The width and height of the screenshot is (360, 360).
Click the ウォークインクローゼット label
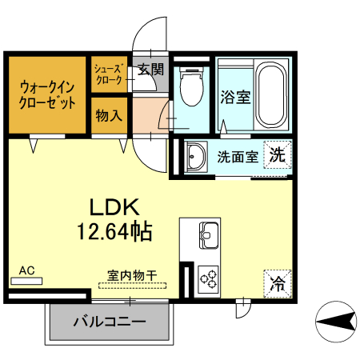(x=48, y=94)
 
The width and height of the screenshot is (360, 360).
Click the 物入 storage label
(x=109, y=115)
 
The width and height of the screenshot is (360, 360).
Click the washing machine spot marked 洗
(x=277, y=154)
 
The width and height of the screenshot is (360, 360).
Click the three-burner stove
(x=210, y=278)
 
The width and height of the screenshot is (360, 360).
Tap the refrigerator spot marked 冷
(x=278, y=282)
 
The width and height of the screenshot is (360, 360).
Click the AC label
(x=26, y=270)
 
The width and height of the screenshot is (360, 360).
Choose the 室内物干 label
(x=127, y=275)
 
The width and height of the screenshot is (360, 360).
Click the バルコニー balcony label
(x=110, y=322)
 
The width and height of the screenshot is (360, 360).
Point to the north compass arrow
(x=335, y=322)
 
